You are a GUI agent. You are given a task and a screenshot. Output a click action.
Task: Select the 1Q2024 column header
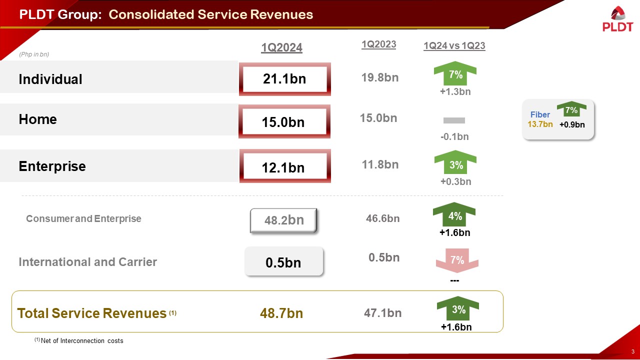tap(282, 47)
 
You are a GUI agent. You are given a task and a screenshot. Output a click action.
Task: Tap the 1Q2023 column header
tap(378, 44)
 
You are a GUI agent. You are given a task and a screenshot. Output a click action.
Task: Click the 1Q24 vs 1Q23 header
tap(454, 46)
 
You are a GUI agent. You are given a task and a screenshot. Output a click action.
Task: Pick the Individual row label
tap(50, 79)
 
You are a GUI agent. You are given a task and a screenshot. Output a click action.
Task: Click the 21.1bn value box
tap(284, 79)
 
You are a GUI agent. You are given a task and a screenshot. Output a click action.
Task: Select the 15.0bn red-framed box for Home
tap(284, 121)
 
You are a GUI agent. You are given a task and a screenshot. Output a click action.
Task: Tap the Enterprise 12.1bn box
tap(284, 167)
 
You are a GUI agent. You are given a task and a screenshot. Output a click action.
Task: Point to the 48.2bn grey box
tap(283, 220)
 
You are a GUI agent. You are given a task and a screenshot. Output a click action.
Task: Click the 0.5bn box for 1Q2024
tap(283, 261)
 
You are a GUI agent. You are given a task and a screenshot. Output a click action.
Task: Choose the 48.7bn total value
tap(281, 313)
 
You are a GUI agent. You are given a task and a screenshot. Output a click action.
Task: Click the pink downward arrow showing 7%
tap(457, 260)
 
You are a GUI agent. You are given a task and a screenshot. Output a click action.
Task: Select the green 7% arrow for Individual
tap(455, 74)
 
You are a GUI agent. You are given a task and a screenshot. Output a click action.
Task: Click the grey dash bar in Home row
tap(454, 120)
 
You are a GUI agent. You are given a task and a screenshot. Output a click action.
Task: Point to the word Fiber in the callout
tap(540, 114)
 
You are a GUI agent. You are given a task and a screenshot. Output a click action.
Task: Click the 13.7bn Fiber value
tap(540, 124)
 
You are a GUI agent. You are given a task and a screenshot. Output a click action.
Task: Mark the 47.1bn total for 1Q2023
tap(382, 313)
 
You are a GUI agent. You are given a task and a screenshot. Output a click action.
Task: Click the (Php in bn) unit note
tap(33, 54)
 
